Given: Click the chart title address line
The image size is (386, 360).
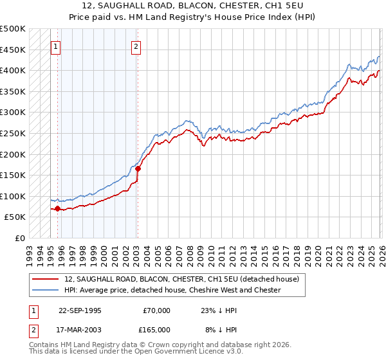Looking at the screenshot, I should pyautogui.click(x=192, y=5).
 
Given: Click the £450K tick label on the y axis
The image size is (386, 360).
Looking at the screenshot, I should pyautogui.click(x=13, y=50).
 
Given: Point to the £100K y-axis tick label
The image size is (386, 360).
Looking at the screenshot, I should pyautogui.click(x=13, y=196).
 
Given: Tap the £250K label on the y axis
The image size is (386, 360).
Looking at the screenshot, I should pyautogui.click(x=13, y=133).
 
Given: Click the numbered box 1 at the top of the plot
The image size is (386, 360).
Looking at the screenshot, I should pyautogui.click(x=56, y=46).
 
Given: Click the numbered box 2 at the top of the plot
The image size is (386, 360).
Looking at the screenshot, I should pyautogui.click(x=137, y=46).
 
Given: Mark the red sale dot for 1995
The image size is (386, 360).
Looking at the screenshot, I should pyautogui.click(x=58, y=208).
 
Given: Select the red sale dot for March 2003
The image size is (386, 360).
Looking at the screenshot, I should pyautogui.click(x=138, y=168).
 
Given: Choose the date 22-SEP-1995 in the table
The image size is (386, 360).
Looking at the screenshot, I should pyautogui.click(x=80, y=310).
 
